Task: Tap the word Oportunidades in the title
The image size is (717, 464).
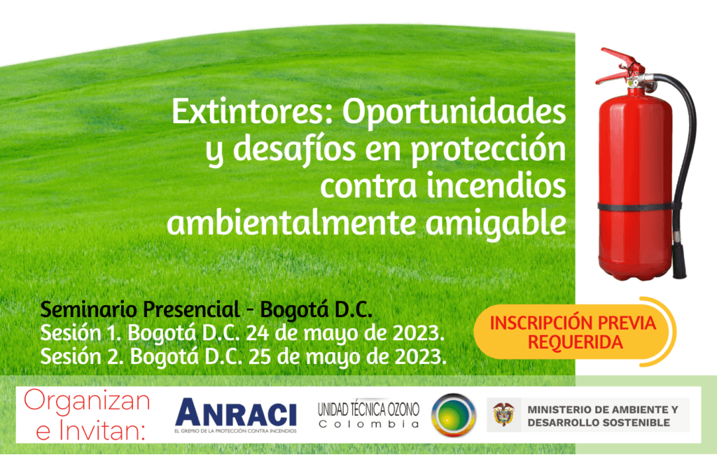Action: pyautogui.click(x=454, y=112)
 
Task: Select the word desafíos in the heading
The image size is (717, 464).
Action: pyautogui.click(x=295, y=150)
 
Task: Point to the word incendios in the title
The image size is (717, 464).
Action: pyautogui.click(x=496, y=187)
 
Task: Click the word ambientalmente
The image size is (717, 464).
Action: pyautogui.click(x=292, y=223)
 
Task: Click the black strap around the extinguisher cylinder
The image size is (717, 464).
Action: pyautogui.click(x=636, y=206)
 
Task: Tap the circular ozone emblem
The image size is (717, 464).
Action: pyautogui.click(x=454, y=415)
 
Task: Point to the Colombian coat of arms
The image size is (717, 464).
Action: pyautogui.click(x=503, y=414)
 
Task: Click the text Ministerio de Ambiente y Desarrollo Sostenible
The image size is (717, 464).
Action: pyautogui.click(x=603, y=416)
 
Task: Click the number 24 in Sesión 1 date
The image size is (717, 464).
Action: pyautogui.click(x=258, y=333)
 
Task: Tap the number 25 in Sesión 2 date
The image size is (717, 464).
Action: pyautogui.click(x=260, y=356)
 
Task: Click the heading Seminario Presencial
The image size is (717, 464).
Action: pyautogui.click(x=140, y=309)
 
